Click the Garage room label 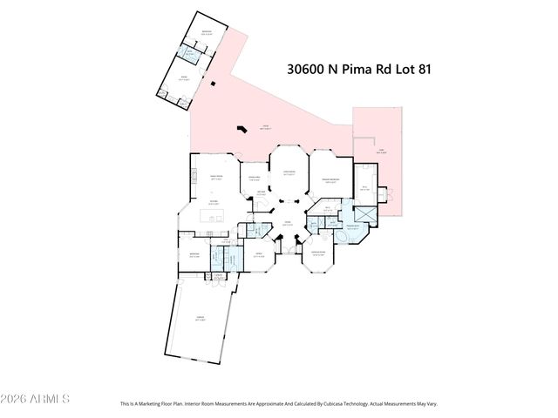pyautogui.click(x=200, y=321)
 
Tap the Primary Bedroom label pyautogui.click(x=330, y=179)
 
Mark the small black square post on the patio pyautogui.click(x=211, y=84)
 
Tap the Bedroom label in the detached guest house pyautogui.click(x=207, y=33)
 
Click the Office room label pyautogui.click(x=258, y=256)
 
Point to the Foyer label pyautogui.click(x=285, y=223)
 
